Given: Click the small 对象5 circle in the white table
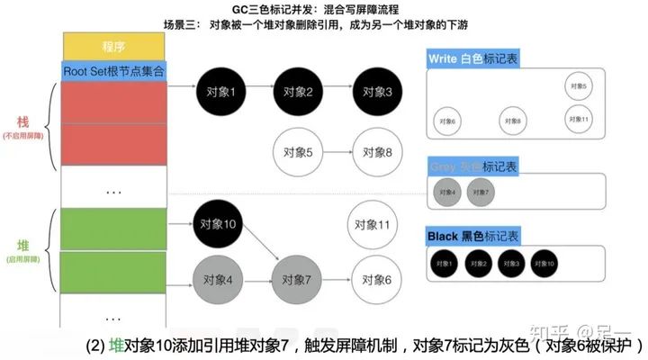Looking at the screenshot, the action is pyautogui.click(x=579, y=86).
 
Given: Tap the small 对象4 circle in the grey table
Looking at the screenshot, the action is pyautogui.click(x=447, y=193).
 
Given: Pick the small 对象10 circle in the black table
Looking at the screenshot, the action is pyautogui.click(x=546, y=264).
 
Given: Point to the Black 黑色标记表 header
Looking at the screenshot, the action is pyautogui.click(x=473, y=236).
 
